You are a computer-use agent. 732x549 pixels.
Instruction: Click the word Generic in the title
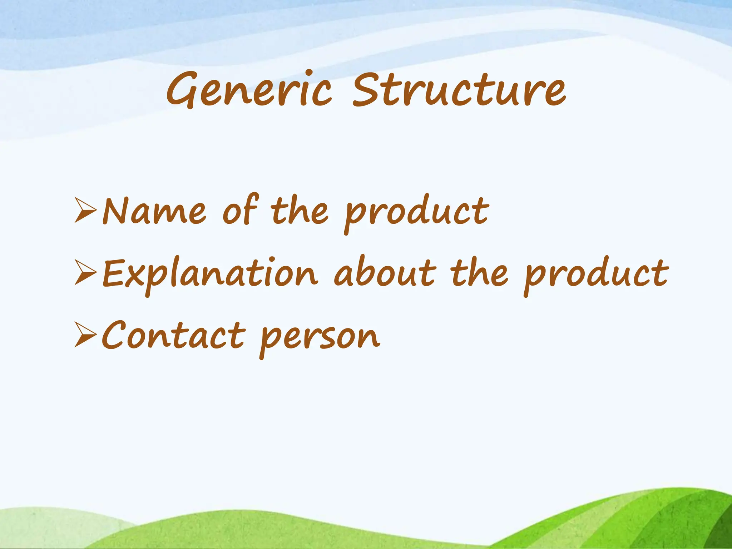(x=249, y=89)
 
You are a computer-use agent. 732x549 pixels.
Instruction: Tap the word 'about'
(x=385, y=273)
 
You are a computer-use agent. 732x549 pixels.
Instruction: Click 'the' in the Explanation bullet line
(x=479, y=273)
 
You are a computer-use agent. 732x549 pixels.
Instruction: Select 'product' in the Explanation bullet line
(x=596, y=275)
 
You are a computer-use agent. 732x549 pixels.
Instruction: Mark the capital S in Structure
(x=368, y=89)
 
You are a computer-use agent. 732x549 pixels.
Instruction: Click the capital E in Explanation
(x=114, y=273)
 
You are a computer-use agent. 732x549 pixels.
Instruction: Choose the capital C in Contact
(x=114, y=335)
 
